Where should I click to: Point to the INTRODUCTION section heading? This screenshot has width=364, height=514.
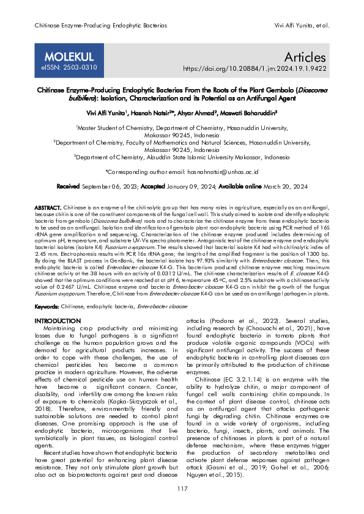tap(58, 320)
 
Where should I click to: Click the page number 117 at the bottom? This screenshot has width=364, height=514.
tap(182, 489)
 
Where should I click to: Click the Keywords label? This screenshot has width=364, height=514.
tap(46, 305)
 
